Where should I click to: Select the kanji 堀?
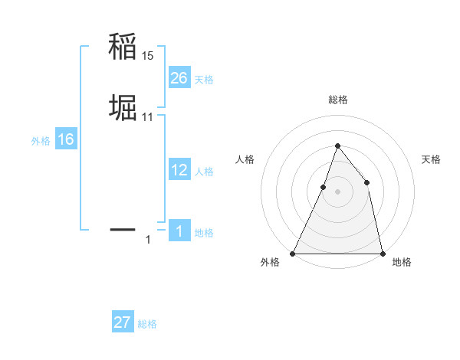pos(123,109)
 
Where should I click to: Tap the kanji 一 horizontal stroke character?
pos(123,229)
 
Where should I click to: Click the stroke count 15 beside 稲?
pos(148,56)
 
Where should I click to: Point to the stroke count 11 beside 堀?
pos(148,117)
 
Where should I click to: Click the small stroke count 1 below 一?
pos(148,240)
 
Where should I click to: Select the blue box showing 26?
pos(179,78)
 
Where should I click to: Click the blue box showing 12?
pos(179,170)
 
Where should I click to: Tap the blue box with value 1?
pos(179,231)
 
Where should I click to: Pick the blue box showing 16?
pos(66,139)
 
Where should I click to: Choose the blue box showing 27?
pos(123,322)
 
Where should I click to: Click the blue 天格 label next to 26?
pos(204,80)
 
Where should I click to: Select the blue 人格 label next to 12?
pos(204,172)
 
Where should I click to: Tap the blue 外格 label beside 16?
pos(41,141)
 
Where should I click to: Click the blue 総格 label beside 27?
pos(147,324)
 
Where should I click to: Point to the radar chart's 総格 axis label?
pos(337,100)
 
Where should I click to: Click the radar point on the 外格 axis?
pos(293,253)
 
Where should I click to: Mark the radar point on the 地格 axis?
pos(382,253)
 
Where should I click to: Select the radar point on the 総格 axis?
pos(337,146)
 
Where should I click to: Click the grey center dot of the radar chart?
pos(337,191)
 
